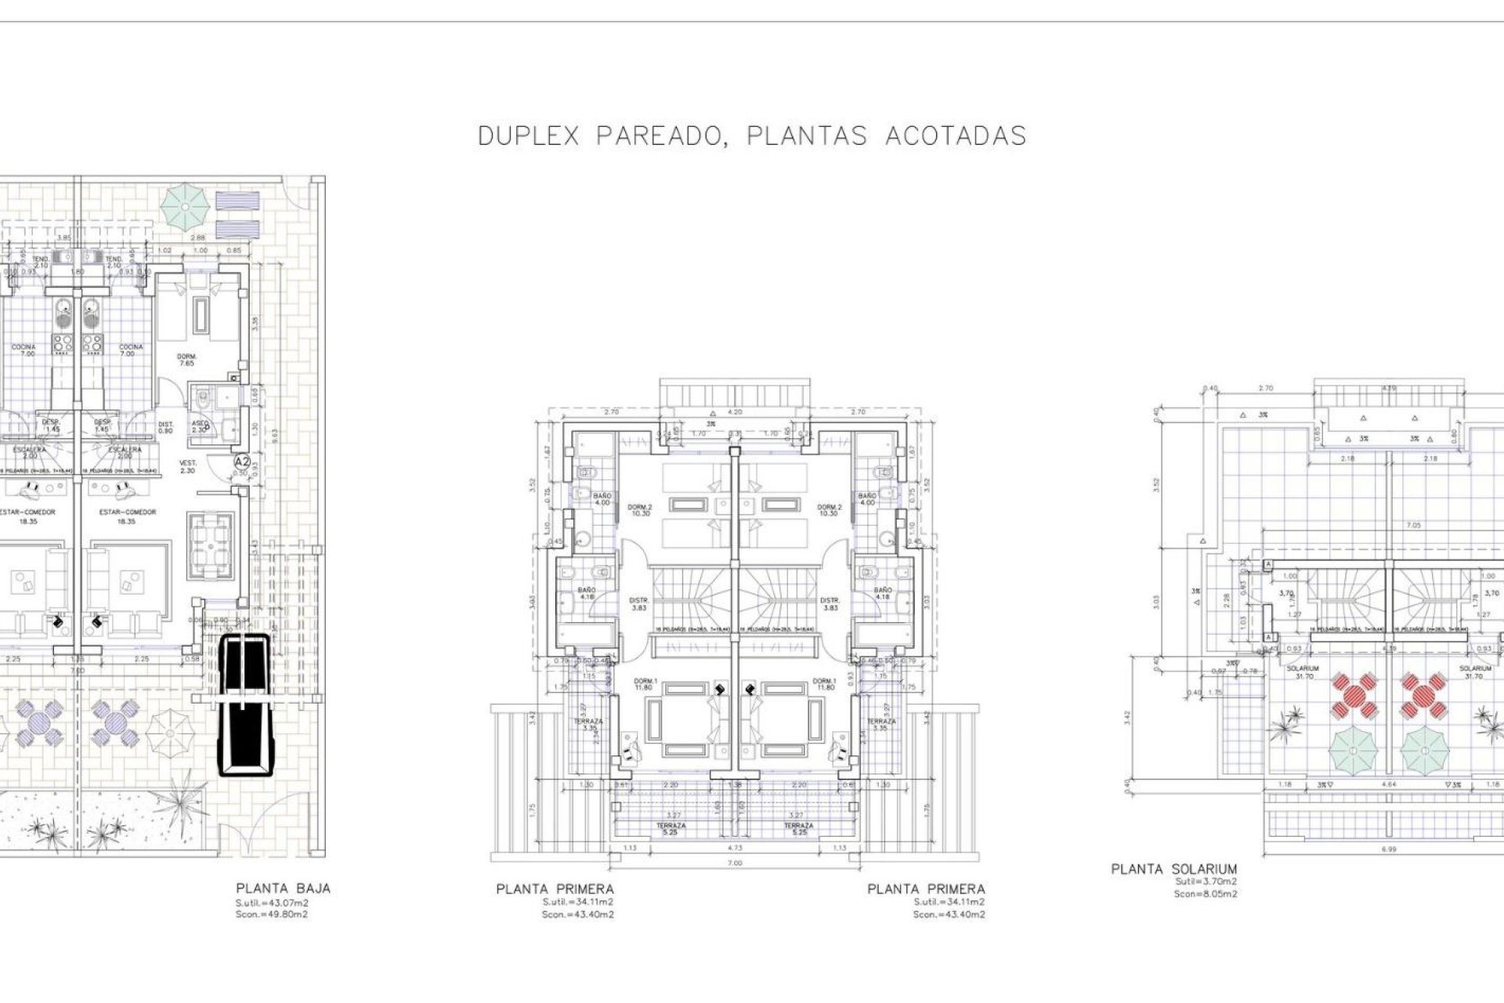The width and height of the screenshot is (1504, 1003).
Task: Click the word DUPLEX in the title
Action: click(x=528, y=136)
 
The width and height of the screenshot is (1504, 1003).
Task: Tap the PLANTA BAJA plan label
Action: click(x=283, y=889)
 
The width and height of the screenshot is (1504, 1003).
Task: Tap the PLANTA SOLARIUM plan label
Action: click(x=1173, y=869)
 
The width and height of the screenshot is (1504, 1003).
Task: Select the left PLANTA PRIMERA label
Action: click(x=555, y=889)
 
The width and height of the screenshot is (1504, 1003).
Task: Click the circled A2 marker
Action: click(x=243, y=462)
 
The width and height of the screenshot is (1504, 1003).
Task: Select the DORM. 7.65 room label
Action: click(x=186, y=360)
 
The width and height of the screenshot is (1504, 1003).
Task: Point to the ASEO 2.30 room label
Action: click(x=200, y=426)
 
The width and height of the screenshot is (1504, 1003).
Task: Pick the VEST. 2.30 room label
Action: click(x=188, y=466)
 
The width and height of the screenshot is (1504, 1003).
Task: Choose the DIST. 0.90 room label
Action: click(x=165, y=428)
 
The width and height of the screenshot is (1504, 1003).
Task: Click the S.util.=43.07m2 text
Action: click(x=271, y=903)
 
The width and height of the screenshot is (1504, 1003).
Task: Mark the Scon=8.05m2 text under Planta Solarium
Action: click(x=1206, y=894)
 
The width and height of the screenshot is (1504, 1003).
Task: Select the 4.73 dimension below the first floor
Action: click(x=735, y=848)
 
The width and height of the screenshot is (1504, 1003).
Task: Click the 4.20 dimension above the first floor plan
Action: click(x=735, y=411)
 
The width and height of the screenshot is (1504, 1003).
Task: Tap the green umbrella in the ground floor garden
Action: click(x=185, y=203)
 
